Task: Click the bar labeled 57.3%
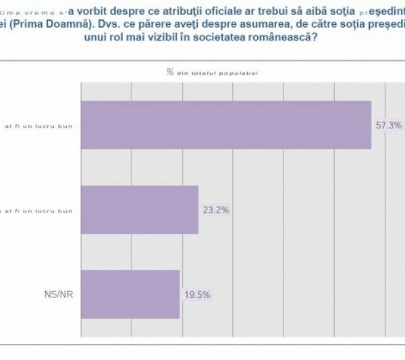click(226, 125)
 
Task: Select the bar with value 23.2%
click(140, 209)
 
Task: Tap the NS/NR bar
click(130, 294)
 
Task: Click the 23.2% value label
click(216, 210)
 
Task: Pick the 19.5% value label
click(197, 294)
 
